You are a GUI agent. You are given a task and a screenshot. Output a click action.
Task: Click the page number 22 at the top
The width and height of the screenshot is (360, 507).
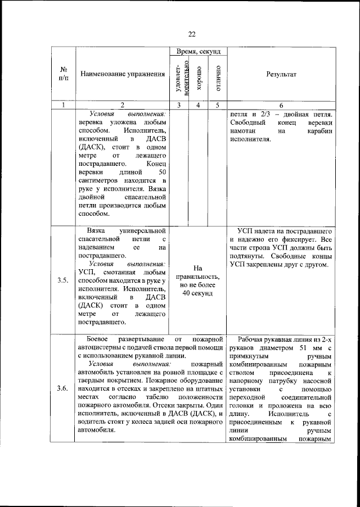pos(191,34)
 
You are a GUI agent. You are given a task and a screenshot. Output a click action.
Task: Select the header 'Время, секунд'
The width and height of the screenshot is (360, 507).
pos(198,51)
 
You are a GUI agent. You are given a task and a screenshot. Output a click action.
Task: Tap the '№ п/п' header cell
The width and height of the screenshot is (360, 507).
pos(63,74)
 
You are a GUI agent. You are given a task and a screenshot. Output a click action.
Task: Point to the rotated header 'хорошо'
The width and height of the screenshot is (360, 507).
pos(198,78)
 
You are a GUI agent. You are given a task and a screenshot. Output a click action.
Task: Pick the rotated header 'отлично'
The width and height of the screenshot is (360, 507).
pos(217,78)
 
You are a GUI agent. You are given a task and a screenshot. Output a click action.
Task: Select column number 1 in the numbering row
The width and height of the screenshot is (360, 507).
pos(63,105)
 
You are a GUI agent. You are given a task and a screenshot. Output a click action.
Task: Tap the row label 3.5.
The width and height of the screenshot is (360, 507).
pos(63,281)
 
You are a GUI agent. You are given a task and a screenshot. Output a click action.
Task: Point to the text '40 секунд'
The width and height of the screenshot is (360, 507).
pos(198,294)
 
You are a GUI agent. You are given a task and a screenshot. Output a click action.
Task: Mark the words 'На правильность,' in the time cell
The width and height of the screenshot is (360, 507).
pos(198,273)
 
